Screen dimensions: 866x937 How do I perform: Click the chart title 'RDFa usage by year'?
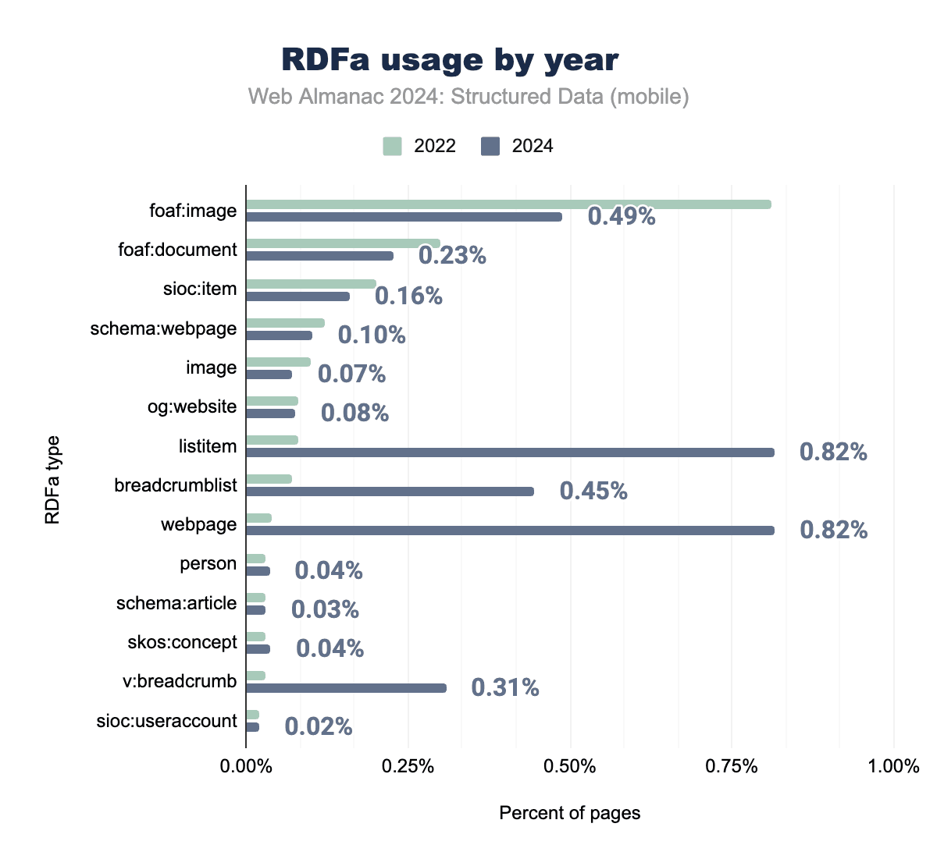(450, 60)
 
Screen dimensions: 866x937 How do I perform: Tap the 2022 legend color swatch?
(392, 146)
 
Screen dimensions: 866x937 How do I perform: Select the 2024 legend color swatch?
(490, 146)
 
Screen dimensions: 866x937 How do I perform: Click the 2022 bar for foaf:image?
(508, 204)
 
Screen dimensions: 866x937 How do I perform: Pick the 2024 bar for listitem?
(510, 453)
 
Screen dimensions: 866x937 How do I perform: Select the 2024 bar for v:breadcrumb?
(346, 688)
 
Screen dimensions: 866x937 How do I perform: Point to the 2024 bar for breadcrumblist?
(390, 492)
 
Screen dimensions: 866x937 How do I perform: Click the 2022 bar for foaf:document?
(343, 243)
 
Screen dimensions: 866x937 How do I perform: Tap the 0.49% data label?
(622, 216)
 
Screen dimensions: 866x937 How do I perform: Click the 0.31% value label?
(505, 687)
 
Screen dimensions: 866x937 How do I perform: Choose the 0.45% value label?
(593, 491)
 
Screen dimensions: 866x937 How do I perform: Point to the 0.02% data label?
(319, 727)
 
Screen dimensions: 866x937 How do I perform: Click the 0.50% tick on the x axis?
(570, 766)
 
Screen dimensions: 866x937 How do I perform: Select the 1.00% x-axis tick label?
(894, 766)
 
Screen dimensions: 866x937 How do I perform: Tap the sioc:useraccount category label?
(166, 721)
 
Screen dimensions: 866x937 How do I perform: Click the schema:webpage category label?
(163, 328)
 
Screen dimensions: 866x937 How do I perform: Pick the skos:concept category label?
(182, 642)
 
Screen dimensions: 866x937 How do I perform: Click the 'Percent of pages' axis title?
(570, 813)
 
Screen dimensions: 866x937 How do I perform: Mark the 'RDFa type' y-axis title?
(52, 479)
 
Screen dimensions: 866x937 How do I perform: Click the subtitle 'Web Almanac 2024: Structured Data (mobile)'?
(468, 97)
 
